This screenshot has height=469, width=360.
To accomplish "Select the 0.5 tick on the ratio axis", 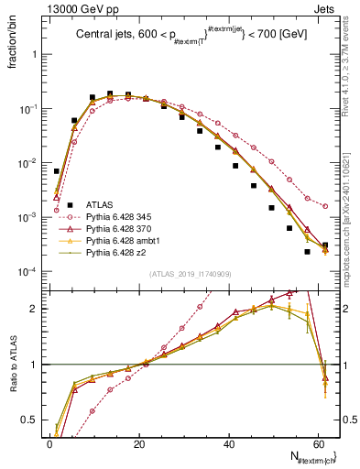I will pyautogui.click(x=31, y=420).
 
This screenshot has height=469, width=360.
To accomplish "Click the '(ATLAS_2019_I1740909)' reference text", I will pyautogui.click(x=190, y=275).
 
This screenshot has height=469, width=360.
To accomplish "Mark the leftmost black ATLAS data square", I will pyautogui.click(x=57, y=171).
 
